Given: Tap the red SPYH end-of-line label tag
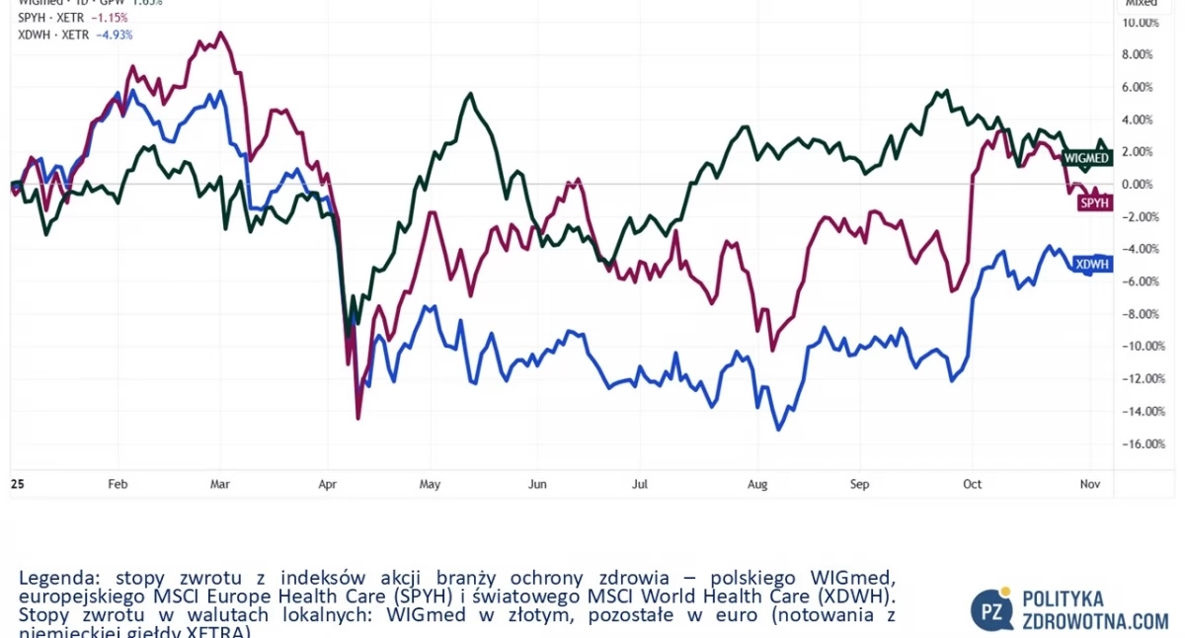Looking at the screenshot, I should pyautogui.click(x=1095, y=202).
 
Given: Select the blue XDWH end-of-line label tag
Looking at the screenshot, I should pyautogui.click(x=1092, y=264).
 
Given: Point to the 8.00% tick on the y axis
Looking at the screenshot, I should pyautogui.click(x=1140, y=54).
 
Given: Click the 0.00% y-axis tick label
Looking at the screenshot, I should pyautogui.click(x=1140, y=184).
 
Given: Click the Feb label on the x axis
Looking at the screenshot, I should pyautogui.click(x=118, y=484).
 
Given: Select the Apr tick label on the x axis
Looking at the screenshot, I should pyautogui.click(x=327, y=484).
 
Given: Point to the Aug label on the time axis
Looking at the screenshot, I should pyautogui.click(x=756, y=484).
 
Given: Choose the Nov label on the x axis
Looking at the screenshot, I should pyautogui.click(x=1090, y=484).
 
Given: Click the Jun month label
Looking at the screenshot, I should pyautogui.click(x=537, y=484).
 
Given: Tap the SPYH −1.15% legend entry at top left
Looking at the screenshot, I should pyautogui.click(x=73, y=18).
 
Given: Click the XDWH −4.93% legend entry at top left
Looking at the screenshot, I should pyautogui.click(x=75, y=35).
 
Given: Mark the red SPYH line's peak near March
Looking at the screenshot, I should pyautogui.click(x=221, y=33).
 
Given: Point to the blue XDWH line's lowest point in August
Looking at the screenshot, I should pyautogui.click(x=779, y=430).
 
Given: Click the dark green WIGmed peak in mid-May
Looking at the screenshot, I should pyautogui.click(x=471, y=94).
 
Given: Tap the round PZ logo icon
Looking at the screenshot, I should pyautogui.click(x=991, y=609).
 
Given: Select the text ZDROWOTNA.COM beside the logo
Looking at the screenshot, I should pyautogui.click(x=1095, y=620).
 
